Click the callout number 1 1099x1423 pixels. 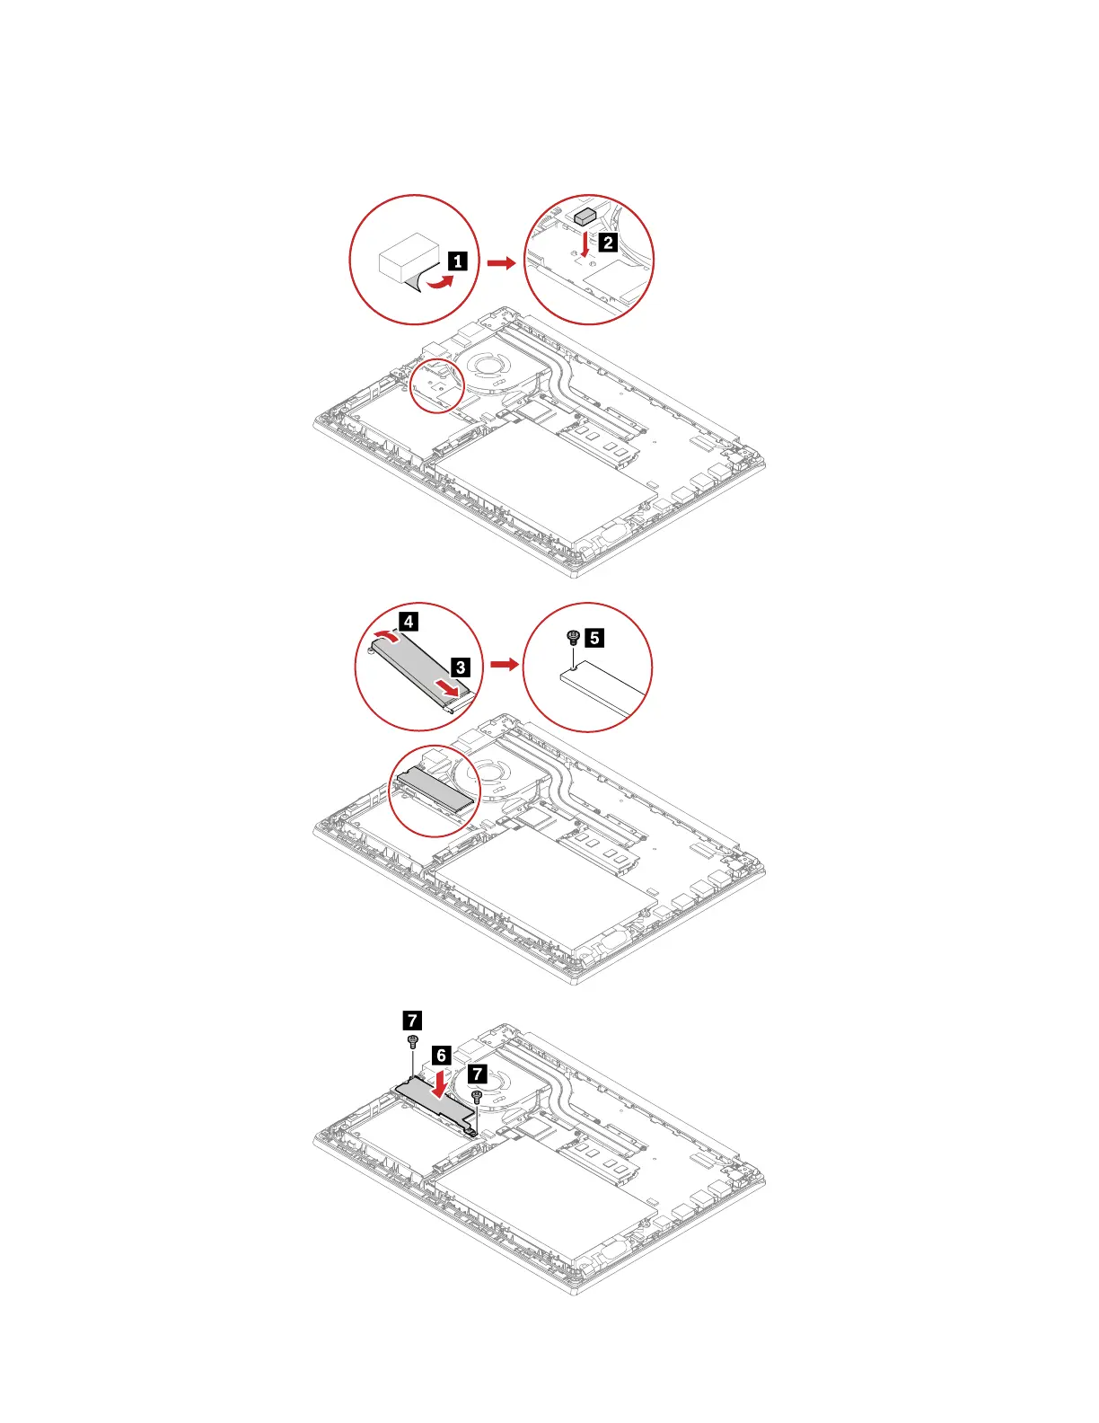(457, 261)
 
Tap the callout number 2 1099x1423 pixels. (608, 242)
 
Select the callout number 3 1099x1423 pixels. (460, 667)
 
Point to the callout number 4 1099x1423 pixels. (408, 621)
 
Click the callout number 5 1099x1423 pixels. (593, 638)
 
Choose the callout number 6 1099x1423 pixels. (440, 1055)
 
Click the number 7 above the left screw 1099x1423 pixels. (411, 1020)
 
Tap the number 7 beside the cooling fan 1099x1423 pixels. (477, 1074)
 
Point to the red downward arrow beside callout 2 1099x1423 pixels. (585, 243)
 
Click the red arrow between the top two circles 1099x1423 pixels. (502, 262)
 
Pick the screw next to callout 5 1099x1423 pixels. (573, 638)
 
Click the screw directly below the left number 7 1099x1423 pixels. (412, 1041)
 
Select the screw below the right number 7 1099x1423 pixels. (477, 1096)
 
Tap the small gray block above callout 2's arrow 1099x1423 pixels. (585, 216)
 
